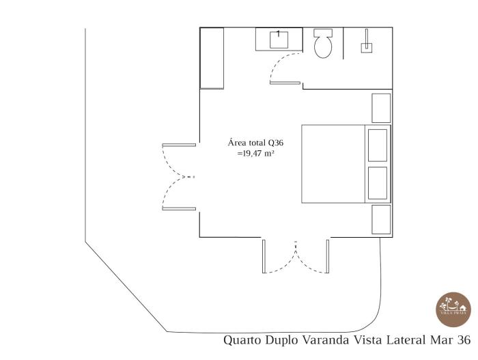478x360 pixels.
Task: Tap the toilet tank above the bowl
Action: pos(322,32)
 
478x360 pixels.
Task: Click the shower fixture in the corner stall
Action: pos(367,44)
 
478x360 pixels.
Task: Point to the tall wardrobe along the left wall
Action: pos(212,58)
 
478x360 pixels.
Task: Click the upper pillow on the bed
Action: pos(378,145)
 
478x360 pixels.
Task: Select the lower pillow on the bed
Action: pos(378,182)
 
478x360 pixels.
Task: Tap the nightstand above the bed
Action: pos(381,108)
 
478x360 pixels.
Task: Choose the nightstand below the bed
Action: pos(381,220)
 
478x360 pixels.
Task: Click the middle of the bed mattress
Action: pos(334,164)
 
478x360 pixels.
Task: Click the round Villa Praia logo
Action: pos(453,309)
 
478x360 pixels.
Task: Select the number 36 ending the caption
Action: pos(464,340)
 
